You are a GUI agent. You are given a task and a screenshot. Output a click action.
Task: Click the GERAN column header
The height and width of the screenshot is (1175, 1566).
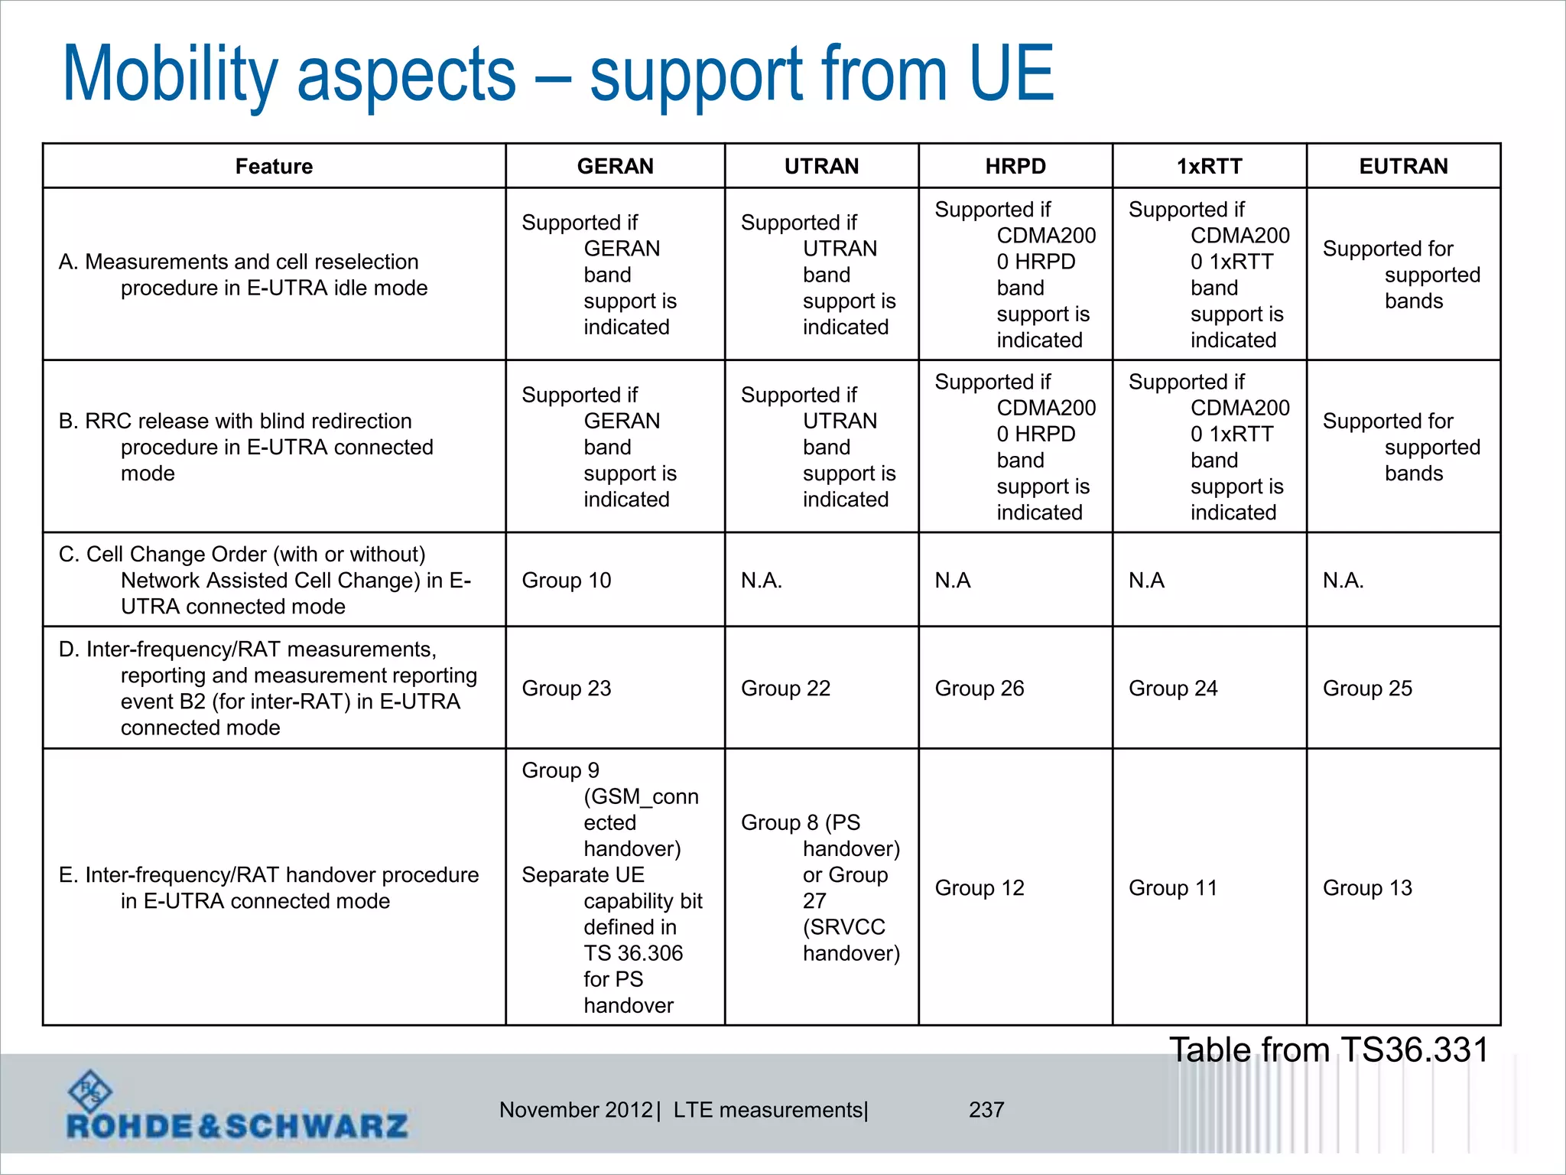coord(615,166)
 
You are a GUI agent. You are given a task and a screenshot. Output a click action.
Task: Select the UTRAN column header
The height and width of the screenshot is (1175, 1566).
coord(821,166)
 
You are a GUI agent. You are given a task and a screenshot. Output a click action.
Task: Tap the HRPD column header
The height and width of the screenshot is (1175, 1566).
coord(1015,166)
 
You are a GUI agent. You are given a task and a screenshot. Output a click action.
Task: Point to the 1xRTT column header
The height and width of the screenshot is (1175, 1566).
coord(1209,166)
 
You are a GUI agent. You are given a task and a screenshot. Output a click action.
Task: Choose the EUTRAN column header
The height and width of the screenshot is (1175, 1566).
coord(1403,166)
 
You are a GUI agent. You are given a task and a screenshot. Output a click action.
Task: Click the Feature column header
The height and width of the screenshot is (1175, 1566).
coord(274,166)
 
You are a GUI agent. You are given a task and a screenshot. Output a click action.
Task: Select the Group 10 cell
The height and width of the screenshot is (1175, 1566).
coord(567,581)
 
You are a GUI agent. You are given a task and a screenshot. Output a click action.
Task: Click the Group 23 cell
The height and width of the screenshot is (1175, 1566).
coord(567,688)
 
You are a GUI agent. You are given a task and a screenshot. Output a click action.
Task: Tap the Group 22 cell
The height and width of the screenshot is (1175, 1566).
coord(785,688)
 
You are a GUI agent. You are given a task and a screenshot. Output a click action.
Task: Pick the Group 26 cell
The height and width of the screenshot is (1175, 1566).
coord(980,688)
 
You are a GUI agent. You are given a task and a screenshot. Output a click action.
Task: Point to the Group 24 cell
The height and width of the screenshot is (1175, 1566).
coord(1173,688)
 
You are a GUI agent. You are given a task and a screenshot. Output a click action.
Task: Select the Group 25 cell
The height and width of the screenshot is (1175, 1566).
coord(1367,688)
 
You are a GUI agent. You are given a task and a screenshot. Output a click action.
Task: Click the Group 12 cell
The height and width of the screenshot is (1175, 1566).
coord(980,888)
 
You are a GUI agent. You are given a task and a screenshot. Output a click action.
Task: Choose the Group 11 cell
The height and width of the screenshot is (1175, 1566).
coord(1173,888)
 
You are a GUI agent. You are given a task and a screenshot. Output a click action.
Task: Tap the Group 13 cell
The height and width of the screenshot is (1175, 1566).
coord(1367,888)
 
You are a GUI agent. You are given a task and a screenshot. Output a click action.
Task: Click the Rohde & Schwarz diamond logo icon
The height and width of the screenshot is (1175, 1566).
coord(90,1092)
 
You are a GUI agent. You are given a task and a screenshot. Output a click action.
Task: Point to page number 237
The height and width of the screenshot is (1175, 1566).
coord(986,1109)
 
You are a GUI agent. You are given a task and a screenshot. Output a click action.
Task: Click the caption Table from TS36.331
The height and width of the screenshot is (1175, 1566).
coord(1329,1050)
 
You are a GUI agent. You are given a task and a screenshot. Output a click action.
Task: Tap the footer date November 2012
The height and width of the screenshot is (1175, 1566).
coord(576,1109)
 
